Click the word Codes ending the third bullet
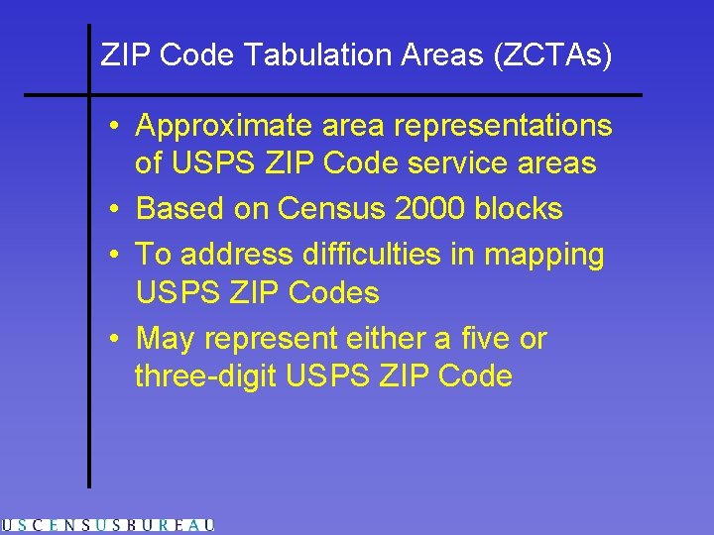coord(331,293)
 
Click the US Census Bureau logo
coord(107,526)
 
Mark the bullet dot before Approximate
coord(116,127)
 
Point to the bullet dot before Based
coord(116,210)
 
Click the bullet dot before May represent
coord(116,340)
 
